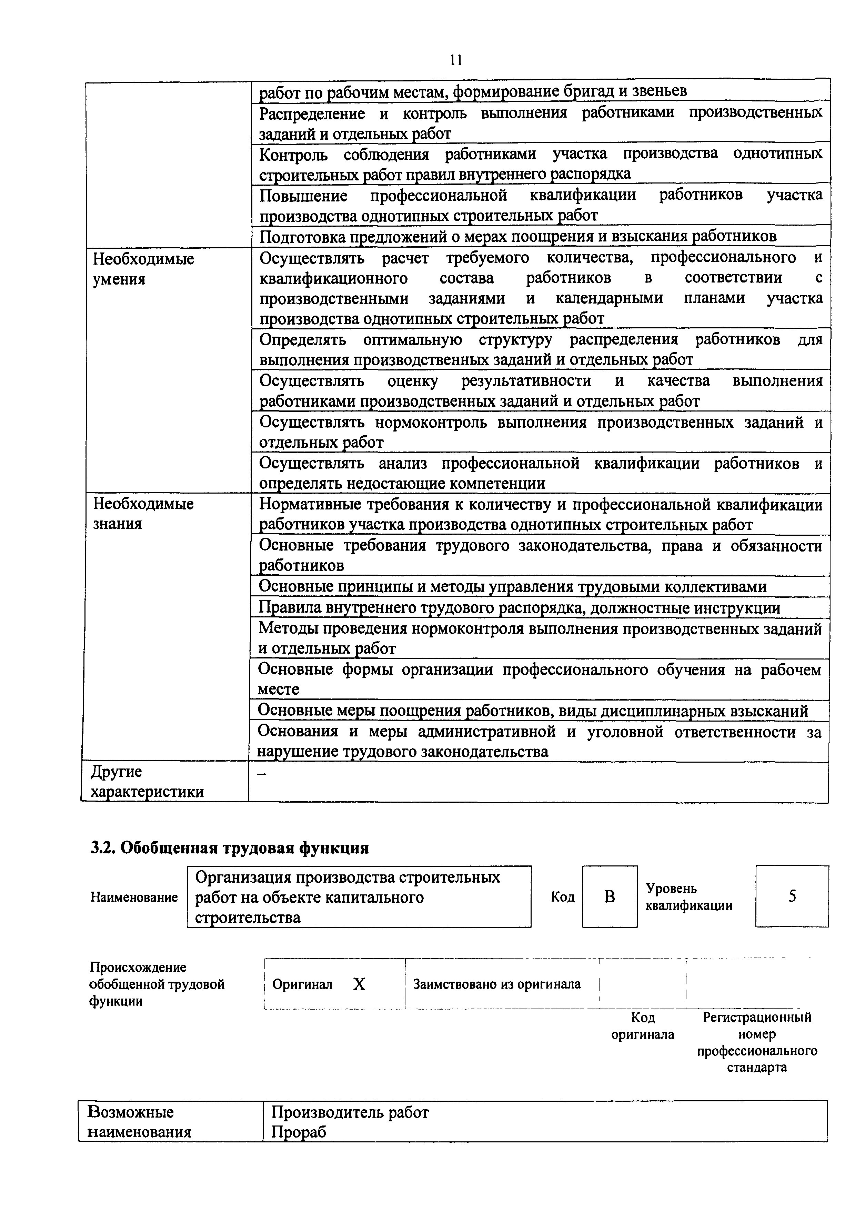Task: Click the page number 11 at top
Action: tap(456, 60)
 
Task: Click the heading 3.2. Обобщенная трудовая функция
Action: tap(229, 848)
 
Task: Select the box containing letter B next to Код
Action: tap(610, 896)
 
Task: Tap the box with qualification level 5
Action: tap(792, 896)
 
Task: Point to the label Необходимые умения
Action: tap(143, 269)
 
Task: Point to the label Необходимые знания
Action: tap(143, 514)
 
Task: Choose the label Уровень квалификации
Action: tap(688, 896)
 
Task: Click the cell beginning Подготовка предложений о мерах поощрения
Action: tap(518, 236)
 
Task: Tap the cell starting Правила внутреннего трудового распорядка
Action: tap(519, 608)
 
